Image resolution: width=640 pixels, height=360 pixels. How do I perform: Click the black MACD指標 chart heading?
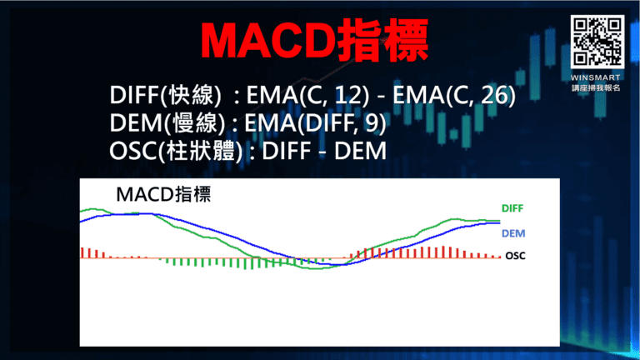coord(163,196)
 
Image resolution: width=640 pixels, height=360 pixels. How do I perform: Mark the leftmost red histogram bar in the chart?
coord(82,252)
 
